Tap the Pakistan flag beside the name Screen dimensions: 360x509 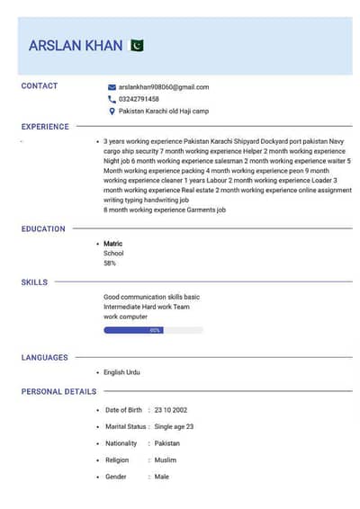[137, 45]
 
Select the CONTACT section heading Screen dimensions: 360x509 [40, 86]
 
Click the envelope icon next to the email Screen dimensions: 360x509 [112, 87]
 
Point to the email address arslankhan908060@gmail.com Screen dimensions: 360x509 [164, 87]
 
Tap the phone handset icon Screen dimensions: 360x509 [112, 99]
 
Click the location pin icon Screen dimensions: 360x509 [112, 112]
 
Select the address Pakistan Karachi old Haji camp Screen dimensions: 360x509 [164, 112]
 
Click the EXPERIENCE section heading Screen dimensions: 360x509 [45, 127]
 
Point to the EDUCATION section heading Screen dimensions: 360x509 [43, 229]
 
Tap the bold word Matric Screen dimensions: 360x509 [112, 244]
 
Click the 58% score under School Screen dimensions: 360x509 [110, 263]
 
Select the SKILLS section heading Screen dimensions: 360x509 [34, 282]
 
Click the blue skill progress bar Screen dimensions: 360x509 [133, 330]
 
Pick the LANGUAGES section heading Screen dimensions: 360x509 [44, 358]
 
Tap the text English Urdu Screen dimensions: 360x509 [122, 372]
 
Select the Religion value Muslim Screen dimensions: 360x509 [166, 460]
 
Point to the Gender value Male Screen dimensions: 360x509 [162, 477]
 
